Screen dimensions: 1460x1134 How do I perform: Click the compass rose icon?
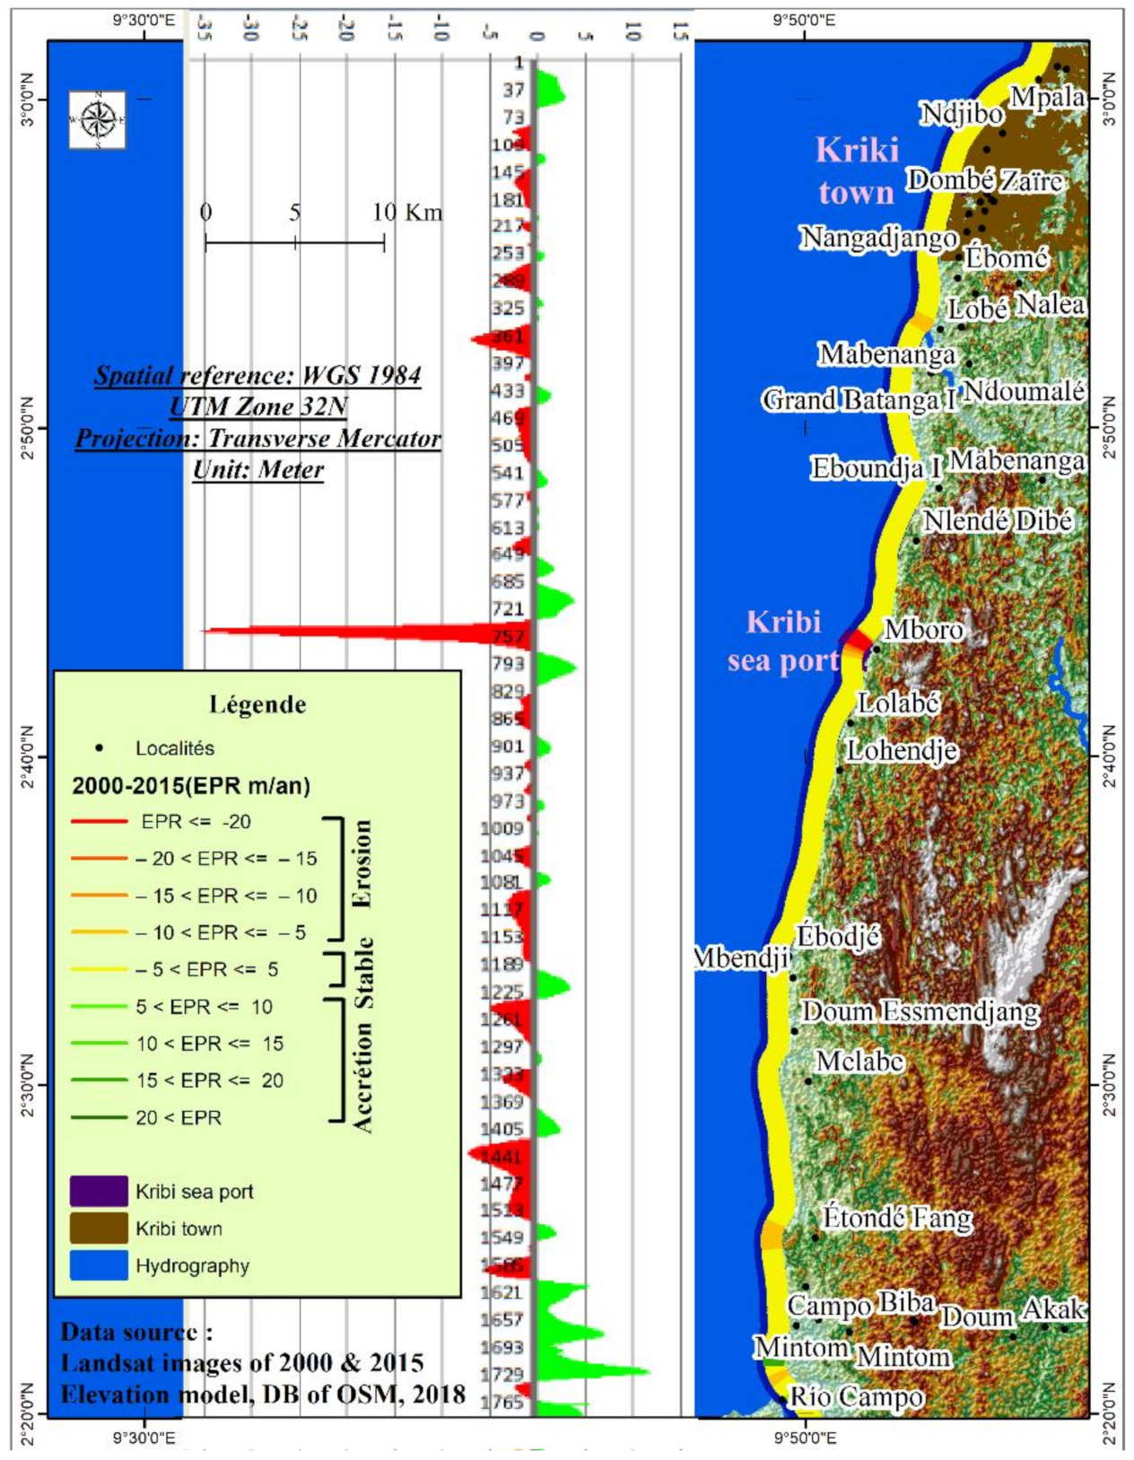pyautogui.click(x=98, y=120)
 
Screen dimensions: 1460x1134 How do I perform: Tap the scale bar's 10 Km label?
pyautogui.click(x=407, y=213)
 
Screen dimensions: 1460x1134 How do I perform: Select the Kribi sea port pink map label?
pyautogui.click(x=783, y=641)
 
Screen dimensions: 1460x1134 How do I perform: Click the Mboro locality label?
pyautogui.click(x=924, y=629)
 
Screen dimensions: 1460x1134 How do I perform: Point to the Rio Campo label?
pyautogui.click(x=856, y=1397)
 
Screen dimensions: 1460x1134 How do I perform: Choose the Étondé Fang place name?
pyautogui.click(x=897, y=1218)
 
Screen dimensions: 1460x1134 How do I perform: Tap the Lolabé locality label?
pyautogui.click(x=898, y=703)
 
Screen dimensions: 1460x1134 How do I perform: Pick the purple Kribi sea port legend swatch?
pyautogui.click(x=99, y=1191)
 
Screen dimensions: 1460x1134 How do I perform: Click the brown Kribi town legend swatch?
pyautogui.click(x=99, y=1228)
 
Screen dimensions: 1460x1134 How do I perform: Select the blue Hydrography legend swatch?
pyautogui.click(x=99, y=1265)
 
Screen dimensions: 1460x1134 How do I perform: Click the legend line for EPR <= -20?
pyautogui.click(x=99, y=821)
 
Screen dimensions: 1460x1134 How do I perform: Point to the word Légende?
pyautogui.click(x=257, y=704)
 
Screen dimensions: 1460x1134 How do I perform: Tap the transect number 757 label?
pyautogui.click(x=508, y=637)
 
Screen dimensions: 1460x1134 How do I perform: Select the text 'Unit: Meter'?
pyautogui.click(x=258, y=469)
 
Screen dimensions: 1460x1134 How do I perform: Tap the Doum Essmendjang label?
pyautogui.click(x=920, y=1012)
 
